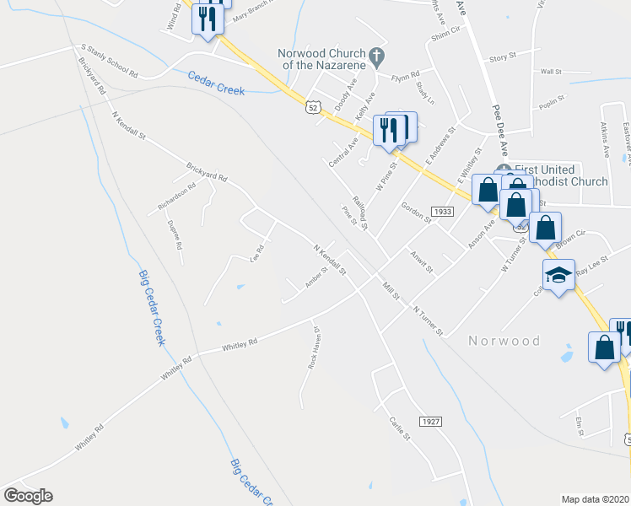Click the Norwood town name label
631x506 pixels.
click(x=504, y=341)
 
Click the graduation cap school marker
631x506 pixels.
click(x=558, y=275)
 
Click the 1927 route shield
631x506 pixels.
click(x=429, y=420)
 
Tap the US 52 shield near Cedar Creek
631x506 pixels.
click(x=313, y=107)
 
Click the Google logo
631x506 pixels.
click(x=28, y=495)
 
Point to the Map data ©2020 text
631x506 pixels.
click(x=595, y=499)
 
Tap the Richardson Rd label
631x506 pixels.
click(x=175, y=196)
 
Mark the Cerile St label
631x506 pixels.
click(x=399, y=428)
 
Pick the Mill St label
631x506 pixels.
click(x=389, y=291)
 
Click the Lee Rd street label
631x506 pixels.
click(x=257, y=251)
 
